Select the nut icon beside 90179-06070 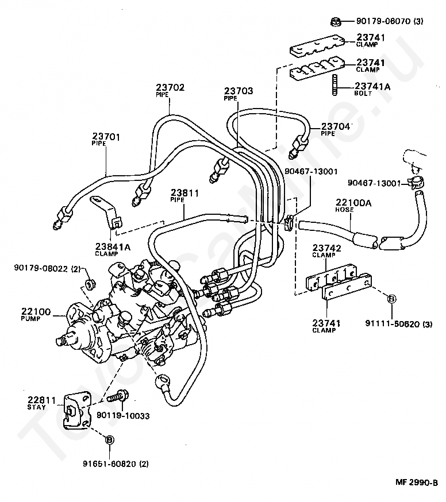335,22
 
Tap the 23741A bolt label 372,90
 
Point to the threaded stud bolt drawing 335,84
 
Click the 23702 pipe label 170,90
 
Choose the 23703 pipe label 239,94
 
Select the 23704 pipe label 335,129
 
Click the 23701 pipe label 106,140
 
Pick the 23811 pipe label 184,196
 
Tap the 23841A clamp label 113,249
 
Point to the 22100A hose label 353,206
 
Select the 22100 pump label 36,314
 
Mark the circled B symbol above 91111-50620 391,299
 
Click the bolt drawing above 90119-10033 118,396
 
